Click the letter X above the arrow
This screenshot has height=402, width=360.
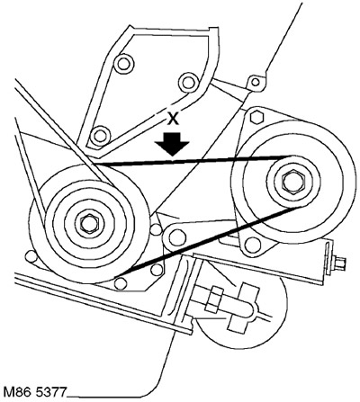pyautogui.click(x=172, y=120)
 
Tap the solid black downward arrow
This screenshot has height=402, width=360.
pyautogui.click(x=172, y=143)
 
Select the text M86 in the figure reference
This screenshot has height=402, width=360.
pyautogui.click(x=15, y=391)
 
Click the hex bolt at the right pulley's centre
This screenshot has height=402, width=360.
pyautogui.click(x=293, y=181)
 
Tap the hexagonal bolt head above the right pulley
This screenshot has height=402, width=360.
pyautogui.click(x=256, y=117)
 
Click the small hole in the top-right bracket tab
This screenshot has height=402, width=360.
pyautogui.click(x=255, y=82)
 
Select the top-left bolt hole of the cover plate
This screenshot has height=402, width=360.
pyautogui.click(x=123, y=63)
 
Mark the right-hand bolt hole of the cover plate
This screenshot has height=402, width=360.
pyautogui.click(x=188, y=82)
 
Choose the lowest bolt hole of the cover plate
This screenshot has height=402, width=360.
pyautogui.click(x=99, y=136)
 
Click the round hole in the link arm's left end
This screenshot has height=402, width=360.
pyautogui.click(x=175, y=237)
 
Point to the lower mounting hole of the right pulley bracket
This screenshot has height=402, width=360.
pyautogui.click(x=253, y=245)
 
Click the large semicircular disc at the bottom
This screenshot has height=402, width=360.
pyautogui.click(x=240, y=312)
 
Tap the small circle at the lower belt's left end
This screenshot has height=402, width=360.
pyautogui.click(x=121, y=283)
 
